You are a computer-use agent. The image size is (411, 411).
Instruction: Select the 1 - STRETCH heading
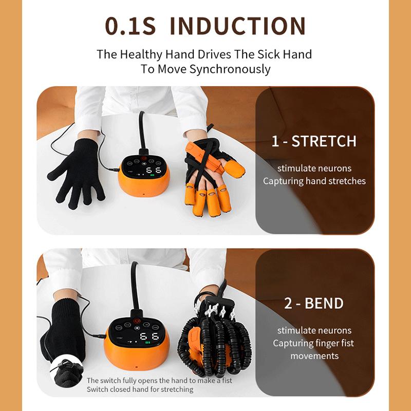coord(314,141)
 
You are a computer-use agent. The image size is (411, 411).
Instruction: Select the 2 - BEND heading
coord(314,303)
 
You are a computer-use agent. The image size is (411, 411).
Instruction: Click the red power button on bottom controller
coord(136,324)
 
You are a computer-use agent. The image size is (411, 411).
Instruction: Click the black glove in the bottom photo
coord(64,329)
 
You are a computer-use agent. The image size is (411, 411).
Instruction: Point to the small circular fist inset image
coord(67,373)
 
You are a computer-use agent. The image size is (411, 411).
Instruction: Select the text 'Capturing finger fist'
coord(313,343)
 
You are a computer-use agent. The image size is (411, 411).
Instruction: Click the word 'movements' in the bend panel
coord(314,356)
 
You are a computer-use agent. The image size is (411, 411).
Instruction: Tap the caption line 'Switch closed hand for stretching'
coord(140,389)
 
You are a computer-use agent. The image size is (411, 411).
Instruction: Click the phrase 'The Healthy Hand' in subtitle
coord(133,54)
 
